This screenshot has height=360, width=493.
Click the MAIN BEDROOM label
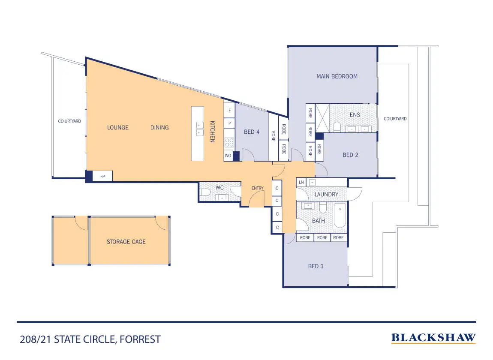click(337, 77)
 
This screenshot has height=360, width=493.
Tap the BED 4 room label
click(252, 132)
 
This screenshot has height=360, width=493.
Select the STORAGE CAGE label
click(126, 242)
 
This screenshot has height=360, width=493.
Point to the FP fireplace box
click(103, 176)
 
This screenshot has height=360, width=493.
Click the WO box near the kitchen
click(228, 156)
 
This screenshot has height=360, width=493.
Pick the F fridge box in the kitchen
click(229, 111)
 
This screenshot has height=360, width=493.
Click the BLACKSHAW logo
click(433, 338)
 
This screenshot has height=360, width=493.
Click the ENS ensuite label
click(355, 115)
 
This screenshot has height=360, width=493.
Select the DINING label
click(159, 128)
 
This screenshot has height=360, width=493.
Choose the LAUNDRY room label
click(326, 195)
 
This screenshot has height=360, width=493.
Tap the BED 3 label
click(316, 266)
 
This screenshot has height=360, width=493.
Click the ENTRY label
click(257, 189)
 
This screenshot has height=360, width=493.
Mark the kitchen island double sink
click(200, 129)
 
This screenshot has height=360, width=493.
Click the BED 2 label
click(350, 155)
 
